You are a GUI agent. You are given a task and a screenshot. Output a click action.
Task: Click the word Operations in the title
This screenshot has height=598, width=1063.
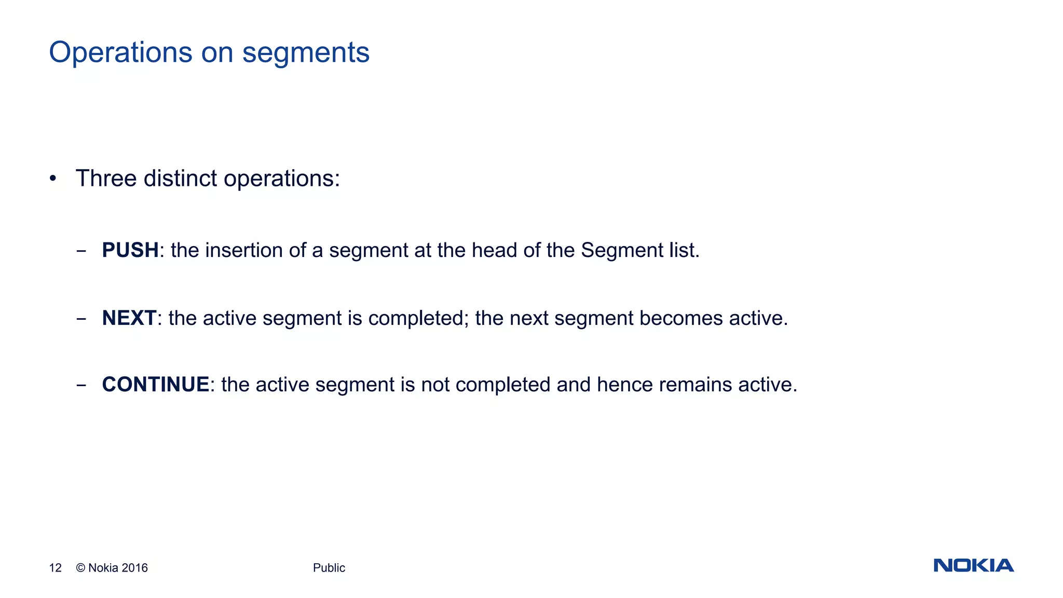[120, 53]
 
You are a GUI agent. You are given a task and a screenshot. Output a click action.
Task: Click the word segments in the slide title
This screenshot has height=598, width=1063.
[306, 53]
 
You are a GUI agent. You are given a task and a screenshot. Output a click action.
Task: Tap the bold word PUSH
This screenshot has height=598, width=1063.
[130, 250]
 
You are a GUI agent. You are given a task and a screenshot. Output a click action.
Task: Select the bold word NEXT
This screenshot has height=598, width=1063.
[129, 318]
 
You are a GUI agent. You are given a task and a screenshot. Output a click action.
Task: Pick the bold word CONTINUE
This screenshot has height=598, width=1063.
[155, 385]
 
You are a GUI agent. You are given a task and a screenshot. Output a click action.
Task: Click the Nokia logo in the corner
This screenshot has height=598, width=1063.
[973, 565]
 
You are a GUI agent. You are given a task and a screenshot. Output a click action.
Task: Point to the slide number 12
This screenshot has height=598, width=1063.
[55, 568]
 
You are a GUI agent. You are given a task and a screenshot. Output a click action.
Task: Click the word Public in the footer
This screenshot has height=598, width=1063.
[329, 568]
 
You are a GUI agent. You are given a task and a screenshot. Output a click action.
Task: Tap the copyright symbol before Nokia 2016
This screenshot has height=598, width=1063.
[80, 568]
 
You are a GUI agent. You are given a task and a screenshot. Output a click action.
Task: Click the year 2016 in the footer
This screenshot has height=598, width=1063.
[135, 568]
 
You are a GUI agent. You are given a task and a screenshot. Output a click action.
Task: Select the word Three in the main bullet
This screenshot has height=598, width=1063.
[106, 179]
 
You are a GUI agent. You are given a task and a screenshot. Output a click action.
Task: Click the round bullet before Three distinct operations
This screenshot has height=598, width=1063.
[52, 179]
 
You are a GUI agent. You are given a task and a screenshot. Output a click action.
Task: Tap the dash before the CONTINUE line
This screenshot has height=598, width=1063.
[81, 386]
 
